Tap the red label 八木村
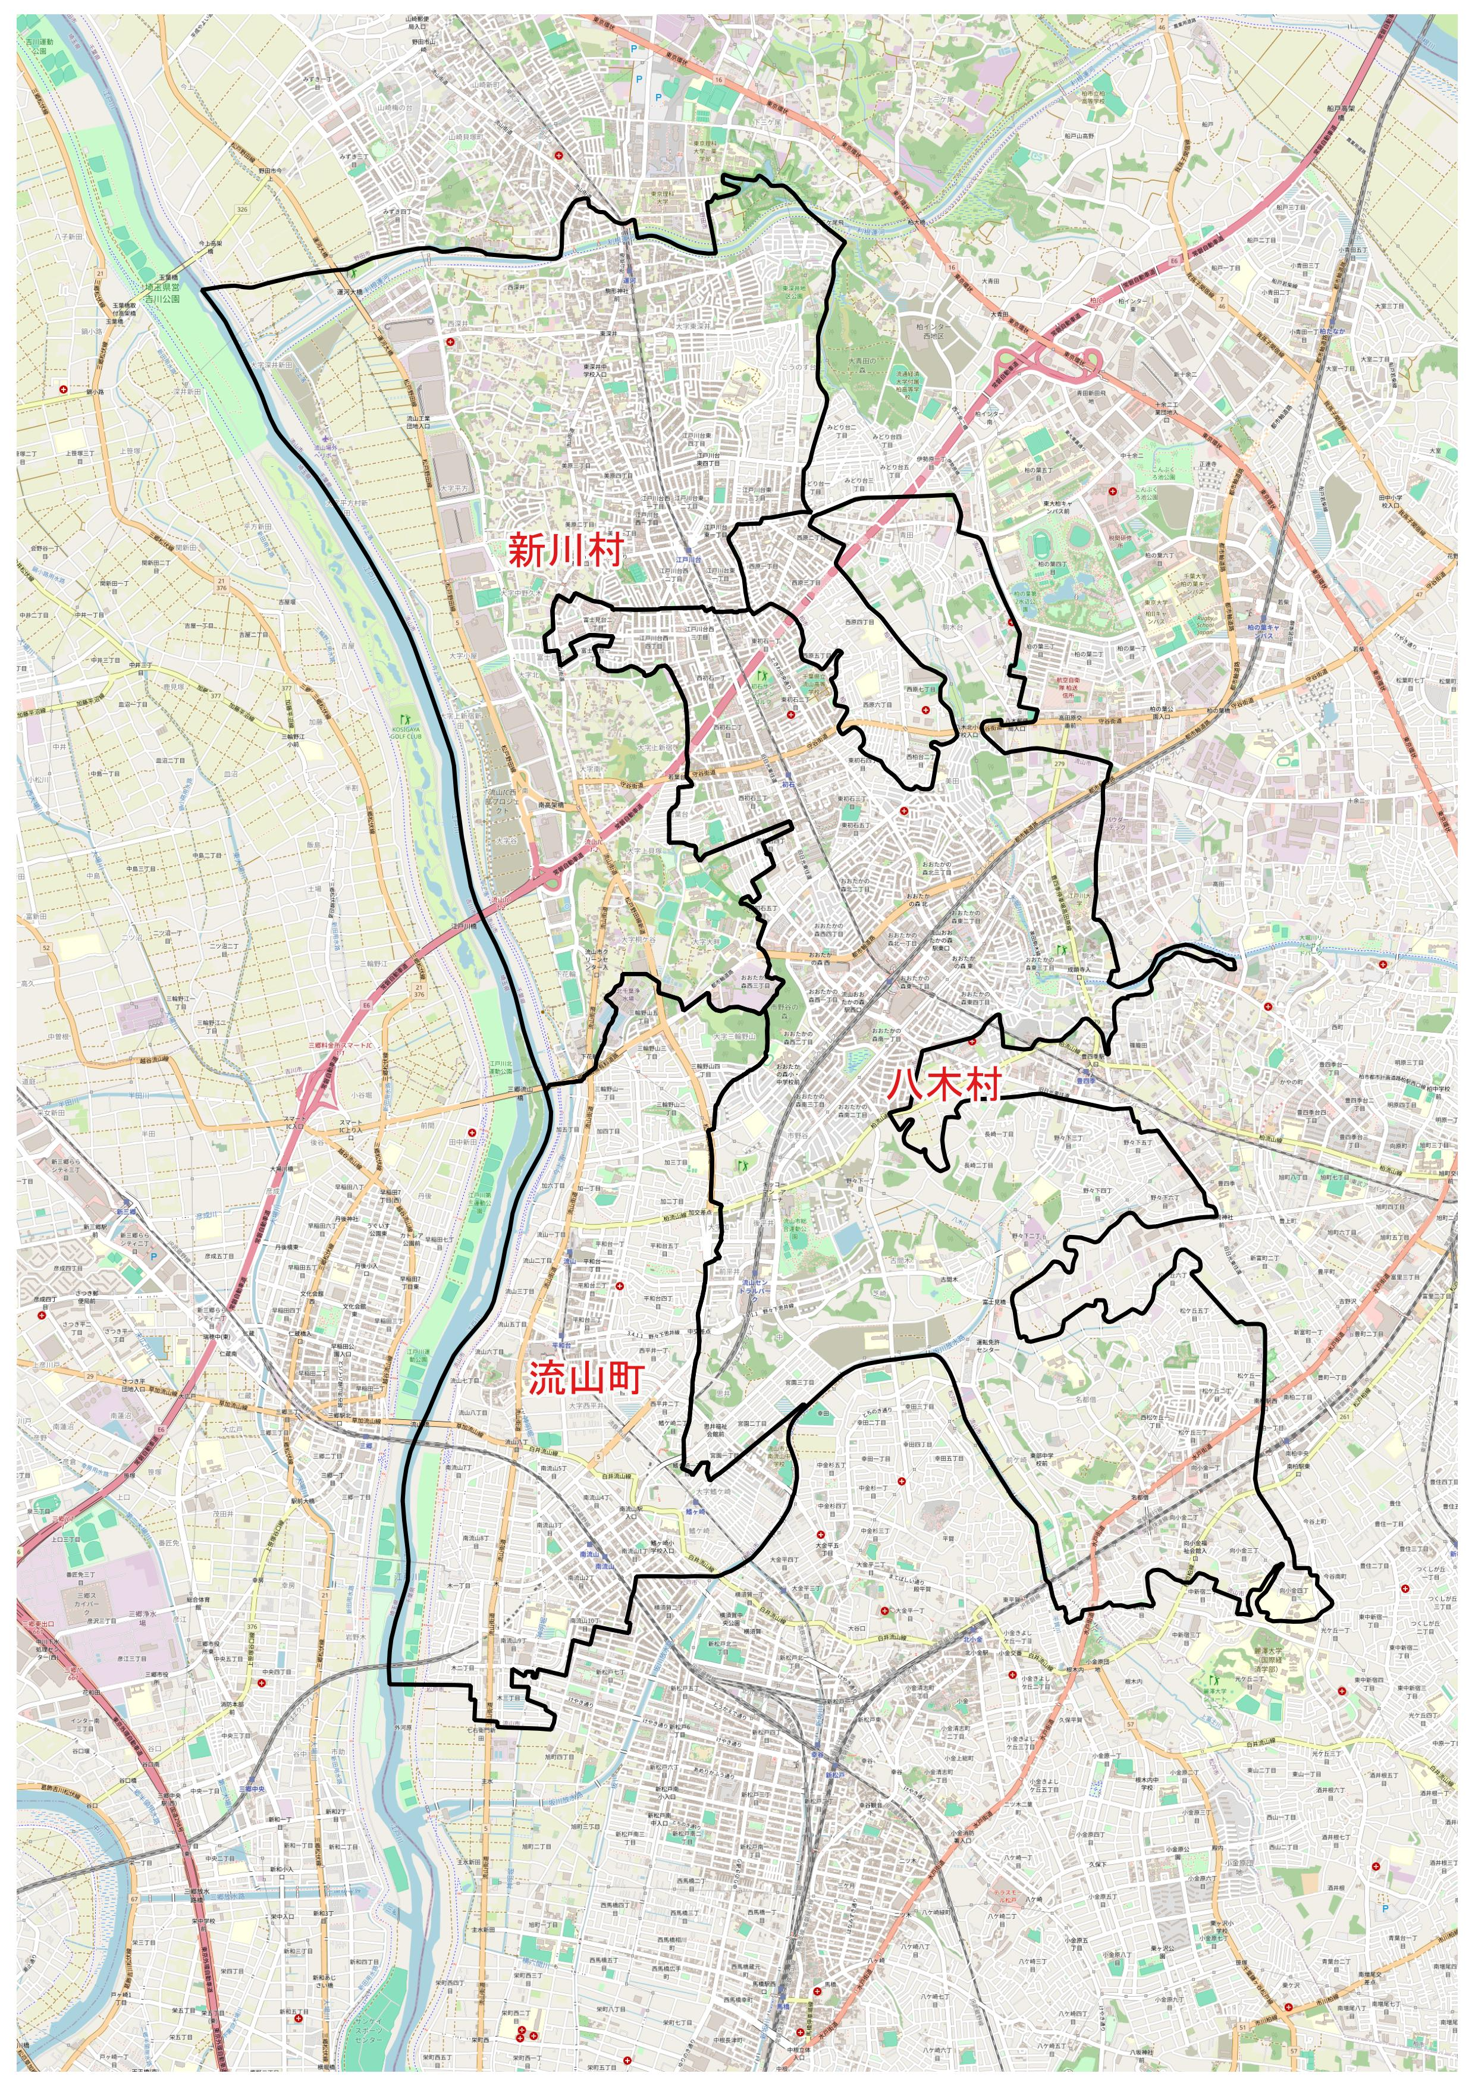pyautogui.click(x=944, y=1085)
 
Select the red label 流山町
pyautogui.click(x=586, y=1378)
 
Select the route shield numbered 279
pyautogui.click(x=1059, y=764)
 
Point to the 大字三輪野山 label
pyautogui.click(x=734, y=1036)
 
